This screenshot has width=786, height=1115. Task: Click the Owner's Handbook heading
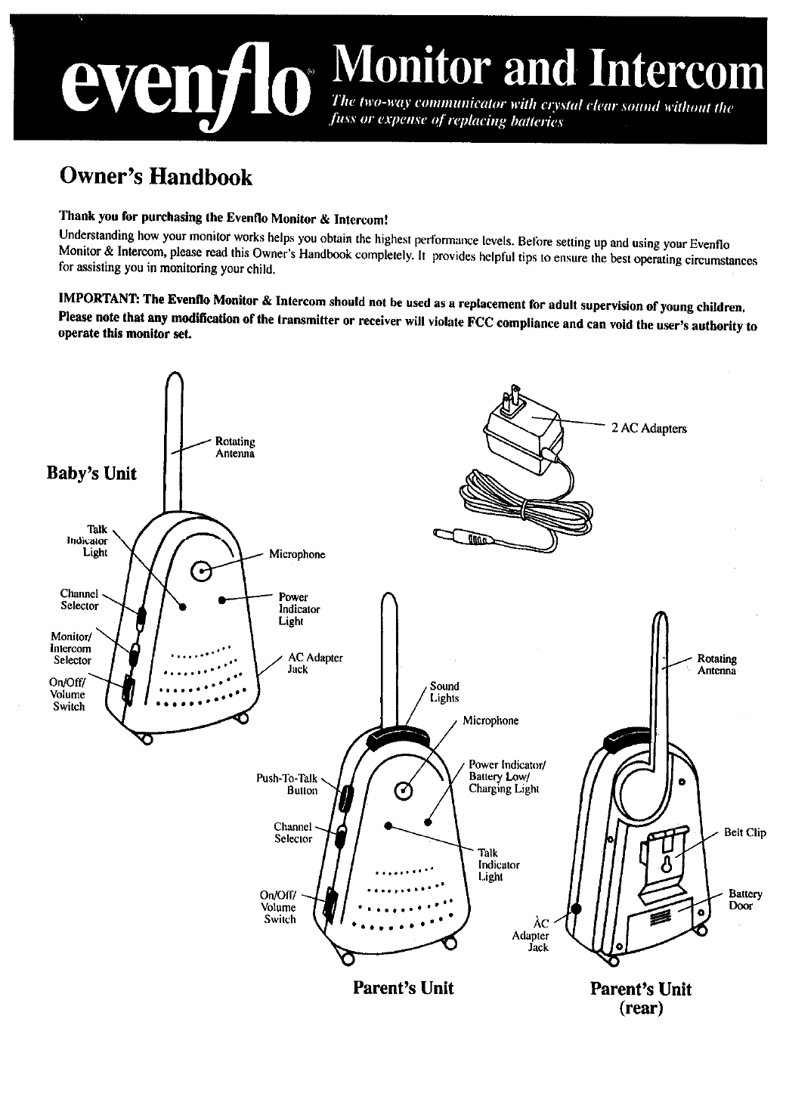pos(155,178)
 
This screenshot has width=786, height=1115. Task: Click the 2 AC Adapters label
pos(649,429)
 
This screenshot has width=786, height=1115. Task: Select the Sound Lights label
pos(444,692)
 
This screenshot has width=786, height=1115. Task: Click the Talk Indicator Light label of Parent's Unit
pos(499,865)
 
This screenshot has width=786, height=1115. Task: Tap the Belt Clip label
pos(744,833)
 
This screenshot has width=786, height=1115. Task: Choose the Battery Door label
pos(745,900)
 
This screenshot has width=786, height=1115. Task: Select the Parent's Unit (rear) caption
pos(640,999)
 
